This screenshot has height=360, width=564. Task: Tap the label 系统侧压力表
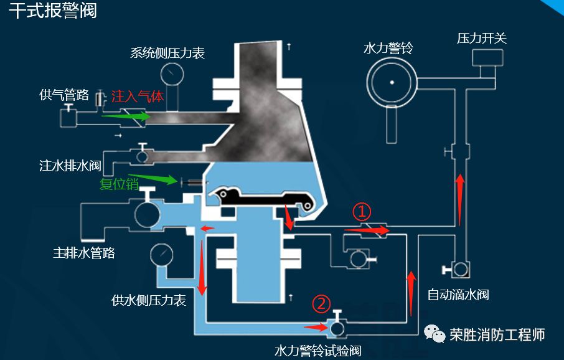(x=167, y=53)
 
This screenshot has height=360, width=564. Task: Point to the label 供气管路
(x=64, y=95)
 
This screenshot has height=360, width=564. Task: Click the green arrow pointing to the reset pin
(x=153, y=179)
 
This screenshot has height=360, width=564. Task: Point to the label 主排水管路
(x=84, y=253)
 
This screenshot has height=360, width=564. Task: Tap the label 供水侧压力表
(x=149, y=300)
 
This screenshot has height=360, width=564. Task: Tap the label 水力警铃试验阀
(x=317, y=351)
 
